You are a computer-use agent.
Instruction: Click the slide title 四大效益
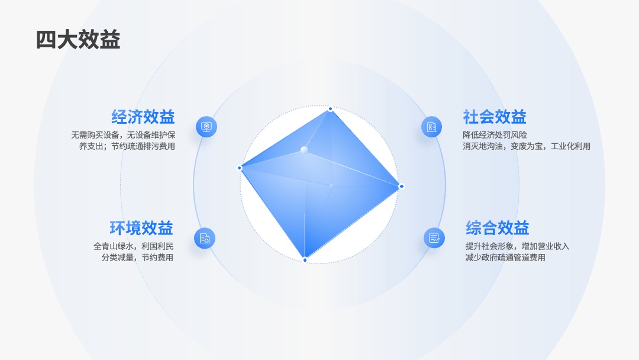pyautogui.click(x=78, y=40)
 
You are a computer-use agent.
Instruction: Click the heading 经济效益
pyautogui.click(x=143, y=117)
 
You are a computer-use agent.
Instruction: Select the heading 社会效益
pyautogui.click(x=494, y=117)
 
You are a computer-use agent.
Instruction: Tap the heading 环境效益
pyautogui.click(x=141, y=228)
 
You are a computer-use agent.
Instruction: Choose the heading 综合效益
pyautogui.click(x=497, y=228)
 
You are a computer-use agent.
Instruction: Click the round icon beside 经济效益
pyautogui.click(x=206, y=127)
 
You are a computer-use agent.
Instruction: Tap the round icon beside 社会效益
pyautogui.click(x=431, y=127)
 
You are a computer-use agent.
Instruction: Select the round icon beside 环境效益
pyautogui.click(x=205, y=238)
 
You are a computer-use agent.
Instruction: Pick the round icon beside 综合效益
pyautogui.click(x=434, y=237)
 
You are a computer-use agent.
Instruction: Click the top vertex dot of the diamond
pyautogui.click(x=331, y=109)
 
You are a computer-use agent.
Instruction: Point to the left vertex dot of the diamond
pyautogui.click(x=240, y=168)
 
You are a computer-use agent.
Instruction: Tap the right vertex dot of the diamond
pyautogui.click(x=401, y=187)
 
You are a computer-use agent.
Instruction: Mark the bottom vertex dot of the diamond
pyautogui.click(x=305, y=260)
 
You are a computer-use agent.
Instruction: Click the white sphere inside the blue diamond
pyautogui.click(x=304, y=150)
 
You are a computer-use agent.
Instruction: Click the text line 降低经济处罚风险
pyautogui.click(x=495, y=135)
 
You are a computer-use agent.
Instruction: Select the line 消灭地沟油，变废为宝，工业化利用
pyautogui.click(x=527, y=146)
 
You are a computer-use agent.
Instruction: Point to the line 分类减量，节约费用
pyautogui.click(x=137, y=258)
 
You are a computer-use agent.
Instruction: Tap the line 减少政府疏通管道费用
pyautogui.click(x=505, y=258)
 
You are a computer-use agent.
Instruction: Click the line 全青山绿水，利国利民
pyautogui.click(x=134, y=246)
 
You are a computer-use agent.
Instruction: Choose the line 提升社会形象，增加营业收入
pyautogui.click(x=517, y=246)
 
